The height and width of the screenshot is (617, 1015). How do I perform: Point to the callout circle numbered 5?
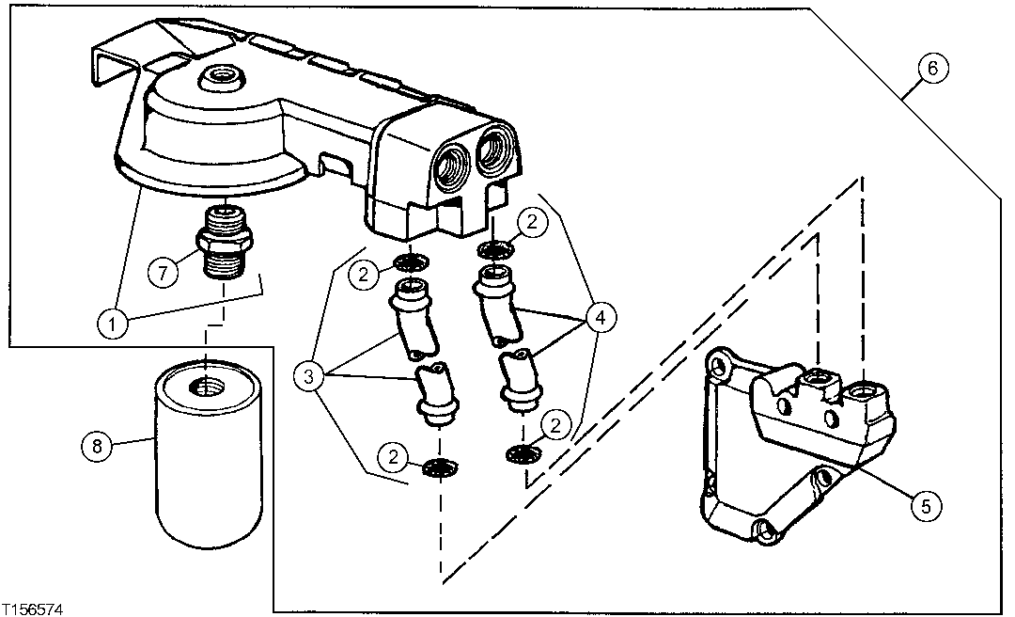point(925,506)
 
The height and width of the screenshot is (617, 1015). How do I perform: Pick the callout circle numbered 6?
point(931,69)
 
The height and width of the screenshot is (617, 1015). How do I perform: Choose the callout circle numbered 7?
point(164,274)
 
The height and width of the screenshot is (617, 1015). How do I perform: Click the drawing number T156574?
point(33,609)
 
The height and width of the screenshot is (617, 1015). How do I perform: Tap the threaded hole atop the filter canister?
point(205,386)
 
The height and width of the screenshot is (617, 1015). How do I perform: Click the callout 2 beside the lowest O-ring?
point(393,458)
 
